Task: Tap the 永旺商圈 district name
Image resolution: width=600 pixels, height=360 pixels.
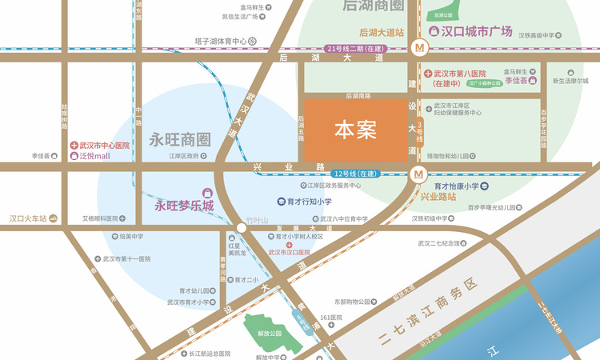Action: (179, 140)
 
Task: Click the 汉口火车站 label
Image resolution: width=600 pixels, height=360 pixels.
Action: (28, 218)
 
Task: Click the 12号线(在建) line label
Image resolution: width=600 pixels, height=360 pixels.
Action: (356, 174)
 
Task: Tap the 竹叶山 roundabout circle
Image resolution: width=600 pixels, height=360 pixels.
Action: (242, 228)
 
